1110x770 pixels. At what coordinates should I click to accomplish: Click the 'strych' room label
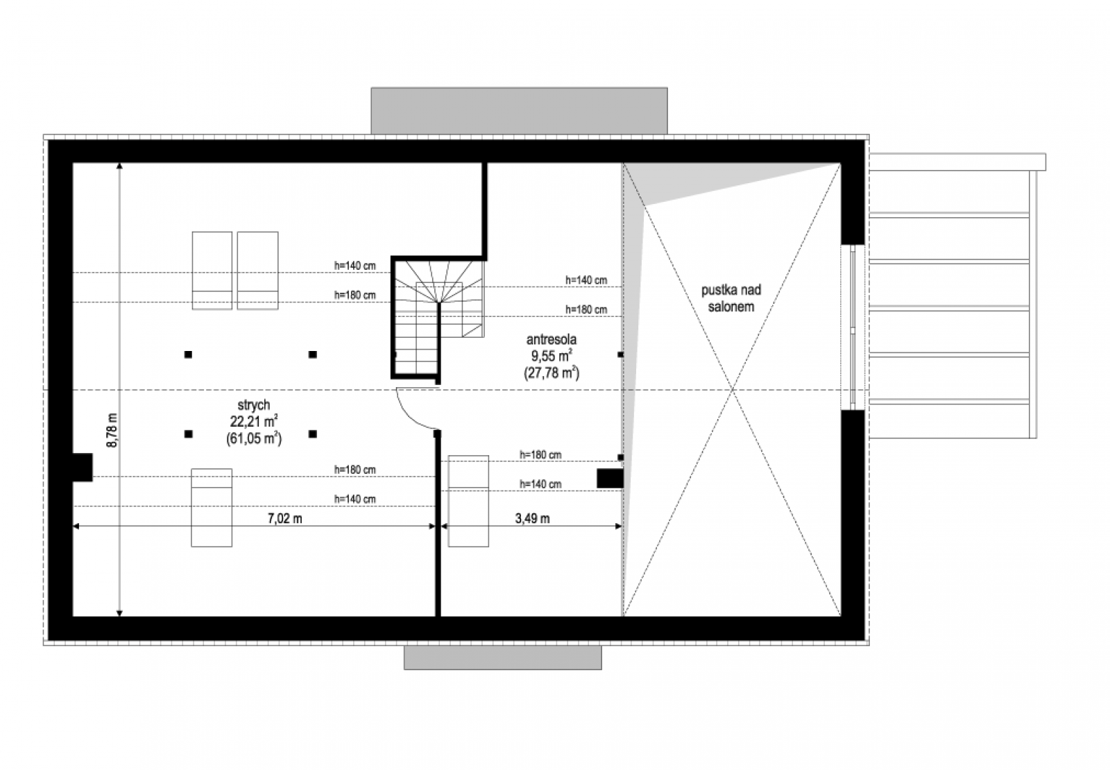(x=254, y=405)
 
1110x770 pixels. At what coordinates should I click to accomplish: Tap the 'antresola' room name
(x=551, y=340)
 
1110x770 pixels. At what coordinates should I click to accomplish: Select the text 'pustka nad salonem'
(x=731, y=298)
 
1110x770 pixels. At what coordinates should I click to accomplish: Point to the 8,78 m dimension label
(x=112, y=431)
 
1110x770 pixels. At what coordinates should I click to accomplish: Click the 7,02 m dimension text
(x=285, y=518)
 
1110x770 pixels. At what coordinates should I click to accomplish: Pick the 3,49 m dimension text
(x=532, y=518)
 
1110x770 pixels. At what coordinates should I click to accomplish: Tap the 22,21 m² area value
(x=254, y=422)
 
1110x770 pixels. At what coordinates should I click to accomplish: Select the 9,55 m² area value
(x=552, y=357)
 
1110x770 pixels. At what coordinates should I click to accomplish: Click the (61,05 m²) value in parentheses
(x=254, y=438)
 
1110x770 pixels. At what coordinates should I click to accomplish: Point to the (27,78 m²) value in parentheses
(x=552, y=373)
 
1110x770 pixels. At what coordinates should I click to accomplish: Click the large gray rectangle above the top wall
(x=520, y=111)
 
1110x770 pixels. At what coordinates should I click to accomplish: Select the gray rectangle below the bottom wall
(x=503, y=658)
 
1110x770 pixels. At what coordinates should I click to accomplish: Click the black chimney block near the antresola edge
(x=610, y=479)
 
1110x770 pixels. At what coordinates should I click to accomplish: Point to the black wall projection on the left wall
(x=83, y=468)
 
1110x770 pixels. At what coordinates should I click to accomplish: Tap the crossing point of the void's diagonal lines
(x=733, y=390)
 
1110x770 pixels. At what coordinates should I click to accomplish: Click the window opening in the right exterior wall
(x=853, y=327)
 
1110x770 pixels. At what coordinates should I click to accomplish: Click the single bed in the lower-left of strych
(x=212, y=508)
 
